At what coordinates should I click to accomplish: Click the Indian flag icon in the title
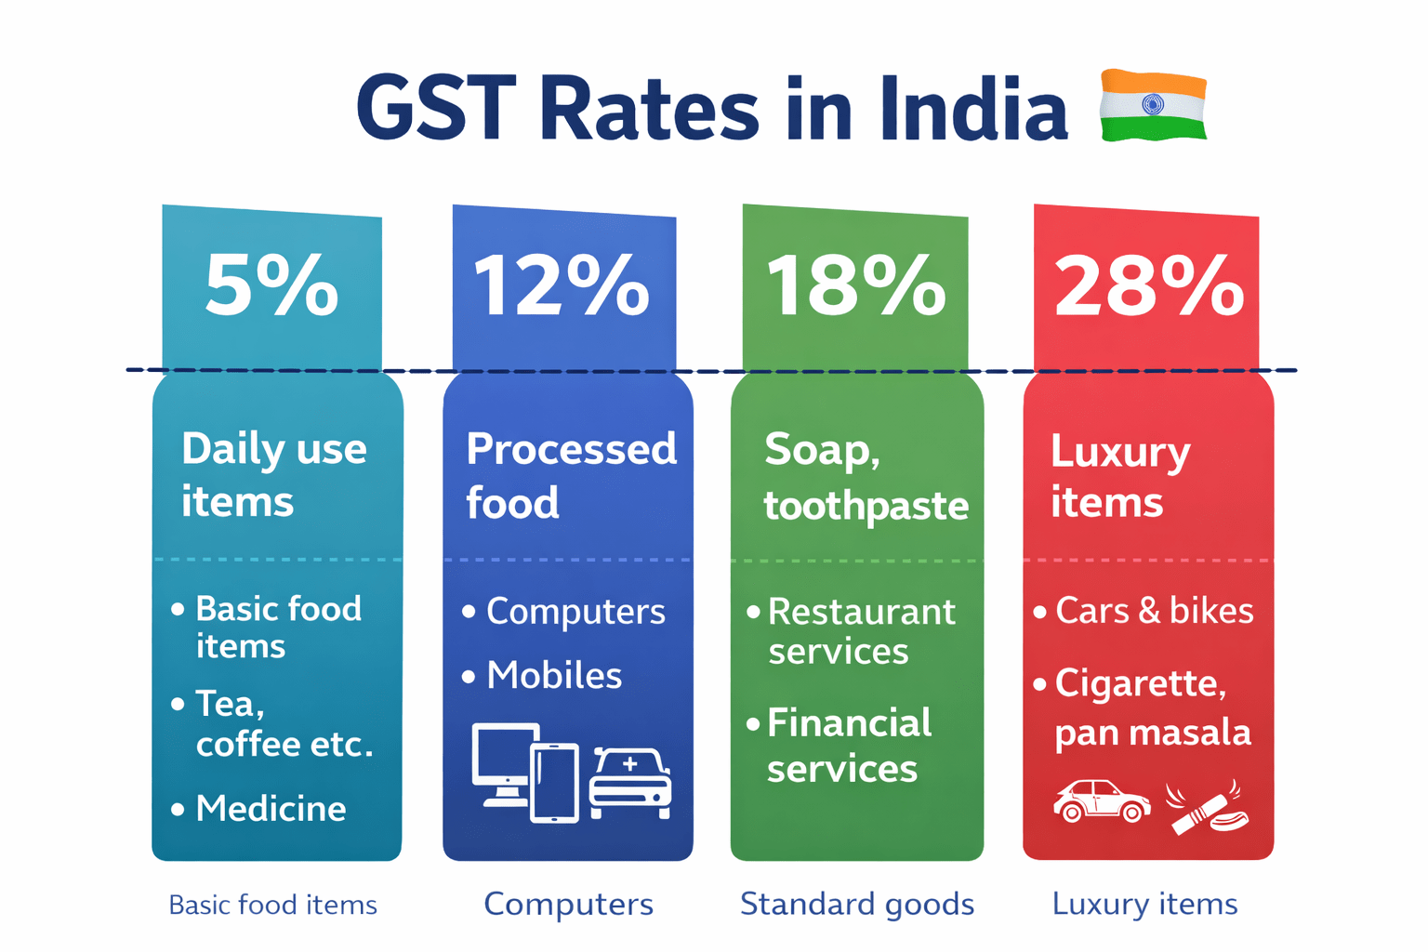click(x=1153, y=105)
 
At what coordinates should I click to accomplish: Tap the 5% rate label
click(x=271, y=285)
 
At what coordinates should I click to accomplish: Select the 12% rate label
click(x=562, y=285)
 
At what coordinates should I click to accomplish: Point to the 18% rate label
click(x=855, y=285)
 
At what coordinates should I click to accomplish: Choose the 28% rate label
click(x=1148, y=285)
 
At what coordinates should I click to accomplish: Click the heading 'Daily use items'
click(x=274, y=475)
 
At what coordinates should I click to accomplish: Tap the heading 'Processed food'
click(x=570, y=475)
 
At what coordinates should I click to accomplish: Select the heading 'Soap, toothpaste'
click(x=865, y=478)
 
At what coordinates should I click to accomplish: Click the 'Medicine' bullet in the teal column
click(x=270, y=809)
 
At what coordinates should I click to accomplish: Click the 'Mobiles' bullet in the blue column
click(x=553, y=676)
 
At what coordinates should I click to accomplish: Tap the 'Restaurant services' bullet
click(x=860, y=631)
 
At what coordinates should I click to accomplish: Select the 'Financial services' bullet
click(x=848, y=746)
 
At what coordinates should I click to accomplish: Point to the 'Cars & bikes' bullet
click(x=1153, y=611)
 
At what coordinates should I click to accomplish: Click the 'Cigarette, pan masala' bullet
click(x=1151, y=707)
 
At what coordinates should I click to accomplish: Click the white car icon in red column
click(x=1102, y=800)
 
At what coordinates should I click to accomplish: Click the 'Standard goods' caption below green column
click(x=856, y=904)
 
